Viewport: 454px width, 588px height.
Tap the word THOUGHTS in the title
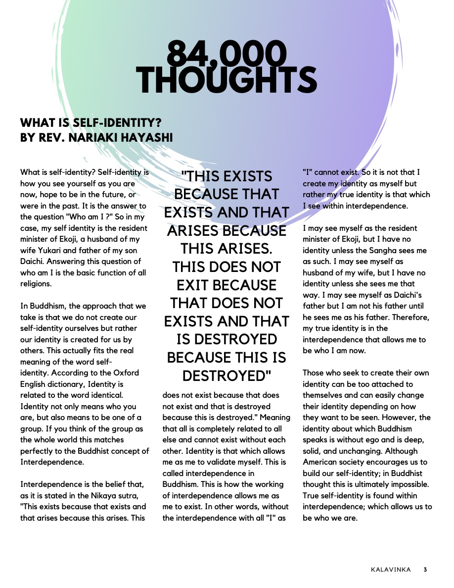227,80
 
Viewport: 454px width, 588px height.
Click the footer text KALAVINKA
390,570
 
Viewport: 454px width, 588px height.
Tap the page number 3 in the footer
425,570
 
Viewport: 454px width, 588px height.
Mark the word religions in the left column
36,284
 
